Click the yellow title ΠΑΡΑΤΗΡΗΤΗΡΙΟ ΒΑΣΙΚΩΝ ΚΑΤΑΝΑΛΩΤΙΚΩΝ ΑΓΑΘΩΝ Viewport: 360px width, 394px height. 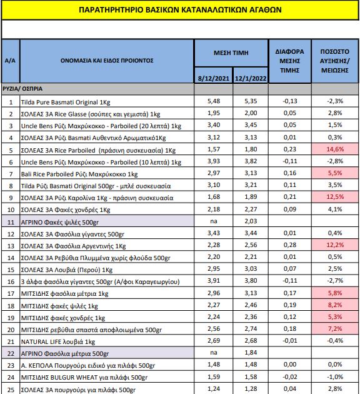pos(180,10)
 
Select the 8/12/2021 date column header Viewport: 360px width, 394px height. pos(214,78)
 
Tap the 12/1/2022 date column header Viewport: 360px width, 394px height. pos(251,78)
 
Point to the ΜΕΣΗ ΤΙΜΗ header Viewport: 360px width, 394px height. pos(231,53)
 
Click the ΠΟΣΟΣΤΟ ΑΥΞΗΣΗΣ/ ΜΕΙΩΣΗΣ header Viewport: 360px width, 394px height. pos(334,61)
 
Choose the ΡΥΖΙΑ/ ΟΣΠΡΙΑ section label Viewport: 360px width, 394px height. pos(22,89)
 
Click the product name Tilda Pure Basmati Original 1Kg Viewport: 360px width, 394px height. pos(66,103)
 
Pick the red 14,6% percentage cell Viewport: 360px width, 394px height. pos(335,149)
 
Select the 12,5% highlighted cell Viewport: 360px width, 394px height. pos(335,197)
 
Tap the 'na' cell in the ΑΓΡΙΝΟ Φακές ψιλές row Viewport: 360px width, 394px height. pos(214,221)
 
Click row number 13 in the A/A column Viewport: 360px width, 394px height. pos(11,246)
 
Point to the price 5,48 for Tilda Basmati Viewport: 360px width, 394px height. pos(214,101)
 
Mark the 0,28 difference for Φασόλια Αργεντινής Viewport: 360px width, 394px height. pos(290,245)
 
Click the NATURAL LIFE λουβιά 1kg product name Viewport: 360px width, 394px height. pos(58,341)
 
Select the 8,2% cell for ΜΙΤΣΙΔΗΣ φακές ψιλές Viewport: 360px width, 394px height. pos(335,305)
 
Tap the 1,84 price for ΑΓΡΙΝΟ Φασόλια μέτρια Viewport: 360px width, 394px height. pos(251,353)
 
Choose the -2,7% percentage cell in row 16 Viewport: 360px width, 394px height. pos(335,281)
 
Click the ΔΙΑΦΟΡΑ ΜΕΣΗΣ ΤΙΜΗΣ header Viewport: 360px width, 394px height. pos(290,61)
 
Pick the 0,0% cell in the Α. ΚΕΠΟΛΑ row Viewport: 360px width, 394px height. pos(335,365)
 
